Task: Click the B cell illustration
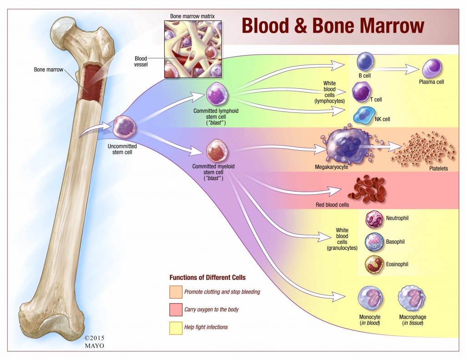click(365, 61)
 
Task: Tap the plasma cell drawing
click(432, 68)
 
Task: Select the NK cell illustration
click(363, 115)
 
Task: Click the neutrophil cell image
click(374, 219)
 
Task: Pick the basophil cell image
click(374, 242)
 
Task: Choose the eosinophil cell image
click(374, 264)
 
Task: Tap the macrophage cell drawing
click(411, 299)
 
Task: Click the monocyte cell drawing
click(370, 299)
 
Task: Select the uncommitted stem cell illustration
click(124, 127)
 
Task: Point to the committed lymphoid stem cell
click(217, 94)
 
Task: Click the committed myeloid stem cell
click(217, 151)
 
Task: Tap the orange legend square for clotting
click(176, 292)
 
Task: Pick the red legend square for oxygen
click(176, 309)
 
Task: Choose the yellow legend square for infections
click(176, 328)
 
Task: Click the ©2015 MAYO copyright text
click(95, 342)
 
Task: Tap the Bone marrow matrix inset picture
click(193, 49)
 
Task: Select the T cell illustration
click(362, 92)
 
